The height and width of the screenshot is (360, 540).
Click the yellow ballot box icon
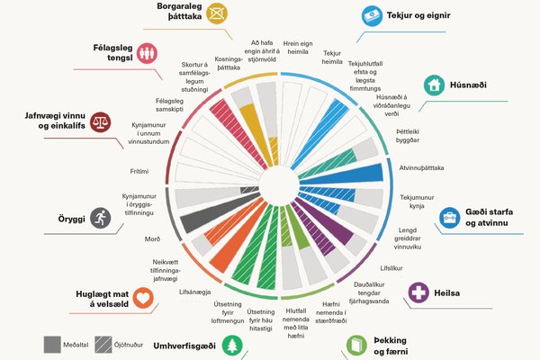click(x=216, y=13)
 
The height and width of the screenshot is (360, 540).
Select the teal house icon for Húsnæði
click(x=434, y=85)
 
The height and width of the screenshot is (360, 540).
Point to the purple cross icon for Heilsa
click(x=418, y=292)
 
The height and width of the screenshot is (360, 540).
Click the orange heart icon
click(x=145, y=301)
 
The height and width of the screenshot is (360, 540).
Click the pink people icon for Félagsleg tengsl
click(x=150, y=52)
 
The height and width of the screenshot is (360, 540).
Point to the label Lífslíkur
click(x=391, y=268)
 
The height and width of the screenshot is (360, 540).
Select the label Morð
click(x=152, y=239)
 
